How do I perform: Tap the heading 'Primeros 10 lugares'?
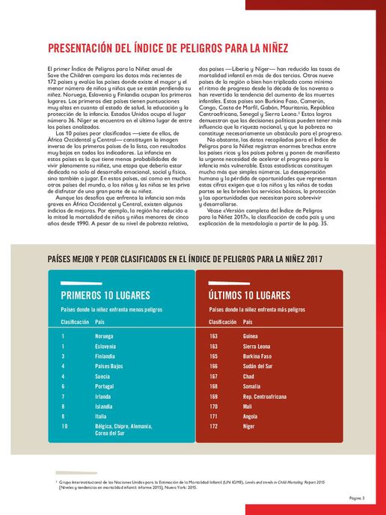(x=105, y=296)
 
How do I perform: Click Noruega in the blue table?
(x=105, y=336)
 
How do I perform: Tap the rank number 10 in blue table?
(x=65, y=425)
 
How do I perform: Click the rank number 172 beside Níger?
(x=214, y=425)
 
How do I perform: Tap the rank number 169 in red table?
(x=214, y=395)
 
